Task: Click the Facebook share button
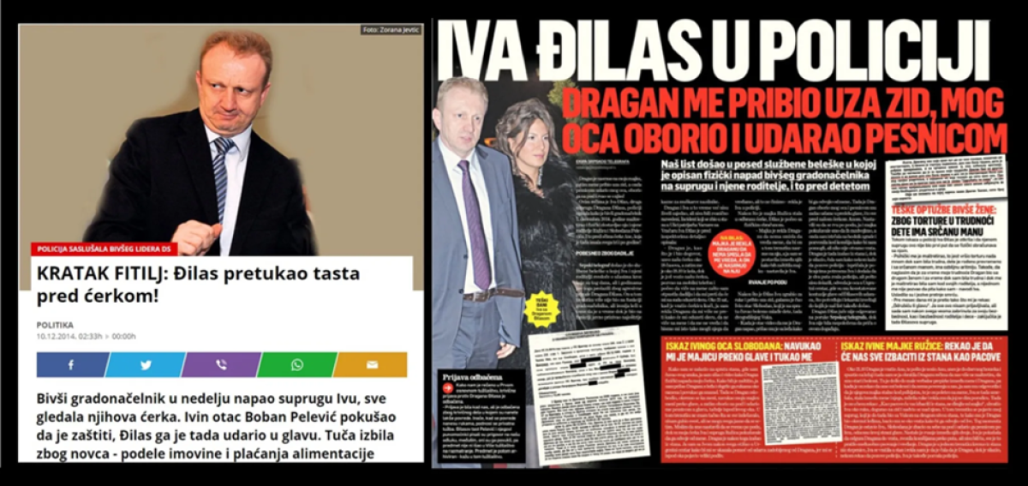pos(70,364)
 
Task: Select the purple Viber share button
pos(221,364)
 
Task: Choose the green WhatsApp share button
pos(296,364)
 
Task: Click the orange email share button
pos(370,364)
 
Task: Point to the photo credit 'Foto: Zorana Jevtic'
pos(391,30)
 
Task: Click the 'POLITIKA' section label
pos(55,325)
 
